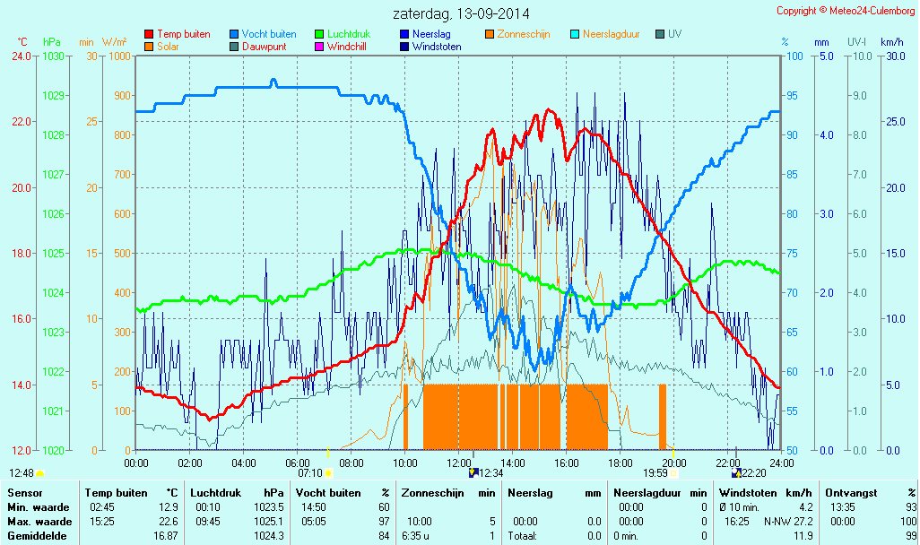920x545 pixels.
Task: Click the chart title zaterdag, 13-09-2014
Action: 461,14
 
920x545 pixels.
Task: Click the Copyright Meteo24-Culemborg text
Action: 846,11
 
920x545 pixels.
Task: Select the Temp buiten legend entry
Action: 183,34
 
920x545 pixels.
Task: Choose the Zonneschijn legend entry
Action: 523,34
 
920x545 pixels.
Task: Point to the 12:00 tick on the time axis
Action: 459,463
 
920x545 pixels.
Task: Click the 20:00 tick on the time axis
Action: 674,463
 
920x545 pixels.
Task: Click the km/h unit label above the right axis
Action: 891,42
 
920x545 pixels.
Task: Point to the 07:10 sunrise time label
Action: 309,472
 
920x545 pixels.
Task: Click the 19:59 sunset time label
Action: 655,472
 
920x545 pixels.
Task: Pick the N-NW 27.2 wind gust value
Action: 787,522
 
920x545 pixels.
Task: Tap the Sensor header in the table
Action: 26,493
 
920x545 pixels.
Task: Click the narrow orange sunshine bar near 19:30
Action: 663,416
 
